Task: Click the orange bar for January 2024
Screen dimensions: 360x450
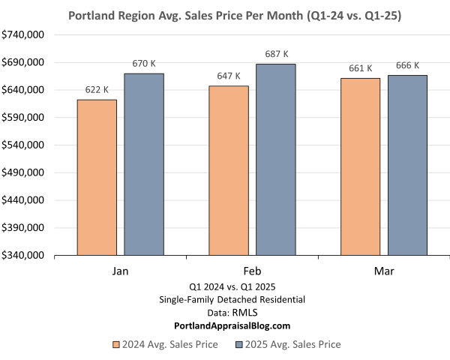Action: (x=97, y=177)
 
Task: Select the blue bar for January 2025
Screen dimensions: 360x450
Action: (x=144, y=164)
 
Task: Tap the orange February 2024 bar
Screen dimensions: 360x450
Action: (x=229, y=170)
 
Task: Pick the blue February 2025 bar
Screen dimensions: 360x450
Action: (x=276, y=159)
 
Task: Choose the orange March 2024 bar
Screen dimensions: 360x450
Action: (x=360, y=166)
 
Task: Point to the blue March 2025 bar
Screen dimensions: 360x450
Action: (x=407, y=165)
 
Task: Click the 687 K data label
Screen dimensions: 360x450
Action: (x=276, y=54)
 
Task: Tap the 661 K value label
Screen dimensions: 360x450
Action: (x=360, y=68)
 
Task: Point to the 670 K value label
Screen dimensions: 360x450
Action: (x=144, y=64)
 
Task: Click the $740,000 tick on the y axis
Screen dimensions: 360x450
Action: (x=25, y=35)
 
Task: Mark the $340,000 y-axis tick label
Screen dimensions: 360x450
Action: (x=25, y=256)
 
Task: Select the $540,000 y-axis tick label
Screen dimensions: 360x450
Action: (x=25, y=145)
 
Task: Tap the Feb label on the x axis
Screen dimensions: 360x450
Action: (x=252, y=270)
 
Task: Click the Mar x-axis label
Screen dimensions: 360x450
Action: (x=384, y=270)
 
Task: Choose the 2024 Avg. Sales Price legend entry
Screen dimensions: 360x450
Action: (x=165, y=344)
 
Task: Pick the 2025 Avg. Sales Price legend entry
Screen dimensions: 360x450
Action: (x=288, y=344)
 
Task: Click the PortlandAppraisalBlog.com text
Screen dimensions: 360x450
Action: (x=231, y=326)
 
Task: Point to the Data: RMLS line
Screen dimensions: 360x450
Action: (x=231, y=313)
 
